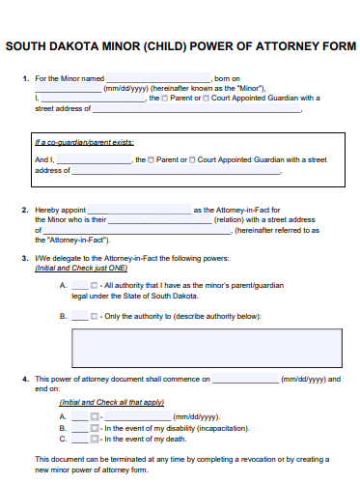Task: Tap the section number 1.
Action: point(24,78)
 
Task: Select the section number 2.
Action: point(24,210)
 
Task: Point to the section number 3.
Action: point(24,258)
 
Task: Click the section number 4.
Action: point(24,380)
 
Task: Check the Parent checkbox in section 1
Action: point(165,99)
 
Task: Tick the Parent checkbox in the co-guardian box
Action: point(151,159)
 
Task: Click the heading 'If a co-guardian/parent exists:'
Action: point(84,143)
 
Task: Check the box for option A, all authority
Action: point(94,286)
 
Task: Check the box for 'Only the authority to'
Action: point(94,316)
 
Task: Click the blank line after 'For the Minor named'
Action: point(157,79)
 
